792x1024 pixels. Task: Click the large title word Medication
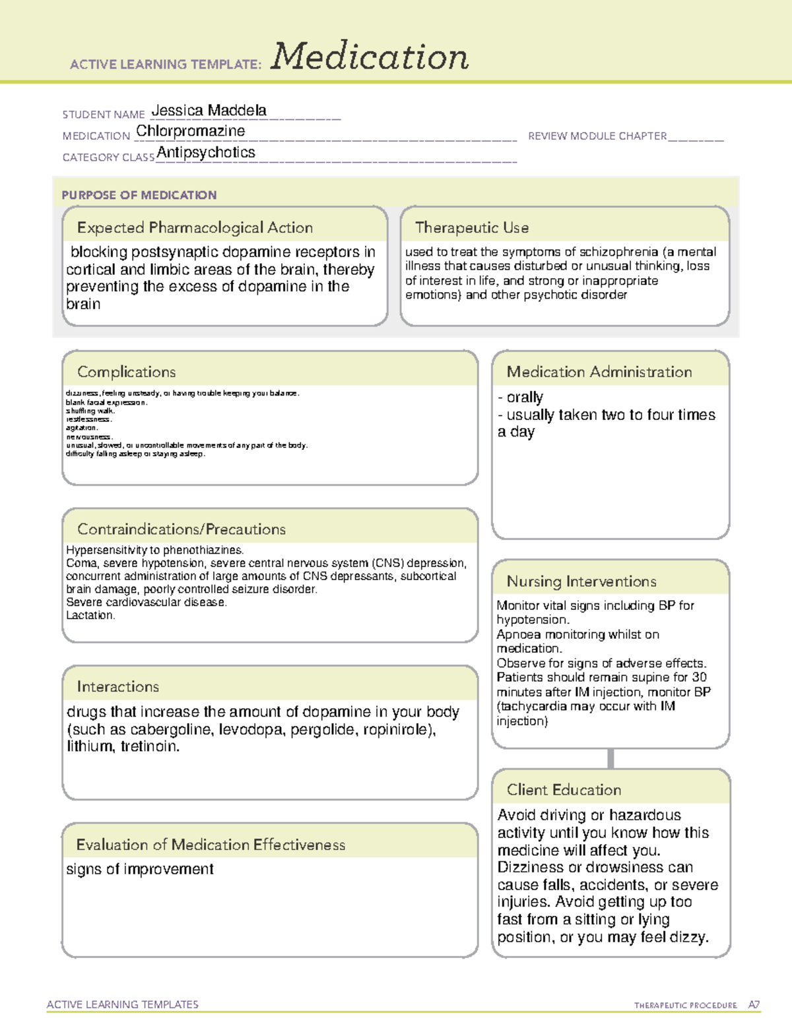click(370, 57)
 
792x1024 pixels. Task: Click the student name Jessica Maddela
click(209, 110)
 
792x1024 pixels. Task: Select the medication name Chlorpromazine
click(190, 131)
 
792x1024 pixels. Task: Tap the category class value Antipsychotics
click(206, 152)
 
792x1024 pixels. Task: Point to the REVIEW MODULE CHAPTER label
click(597, 136)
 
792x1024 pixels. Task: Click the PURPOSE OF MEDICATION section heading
click(139, 195)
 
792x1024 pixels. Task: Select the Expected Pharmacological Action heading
click(195, 227)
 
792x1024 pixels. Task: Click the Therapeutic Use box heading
click(471, 227)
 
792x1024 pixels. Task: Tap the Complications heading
click(126, 372)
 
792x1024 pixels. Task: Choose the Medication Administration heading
click(599, 372)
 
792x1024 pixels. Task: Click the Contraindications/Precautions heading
click(181, 529)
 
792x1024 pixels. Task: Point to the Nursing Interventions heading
click(581, 581)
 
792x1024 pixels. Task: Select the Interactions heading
click(117, 686)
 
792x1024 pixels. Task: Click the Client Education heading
click(564, 789)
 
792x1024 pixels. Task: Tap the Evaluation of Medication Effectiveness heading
click(211, 845)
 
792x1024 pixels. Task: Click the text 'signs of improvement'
click(139, 869)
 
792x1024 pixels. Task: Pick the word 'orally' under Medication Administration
click(525, 397)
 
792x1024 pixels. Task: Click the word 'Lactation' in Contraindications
click(90, 615)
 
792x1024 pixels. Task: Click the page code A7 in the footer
click(754, 1005)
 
